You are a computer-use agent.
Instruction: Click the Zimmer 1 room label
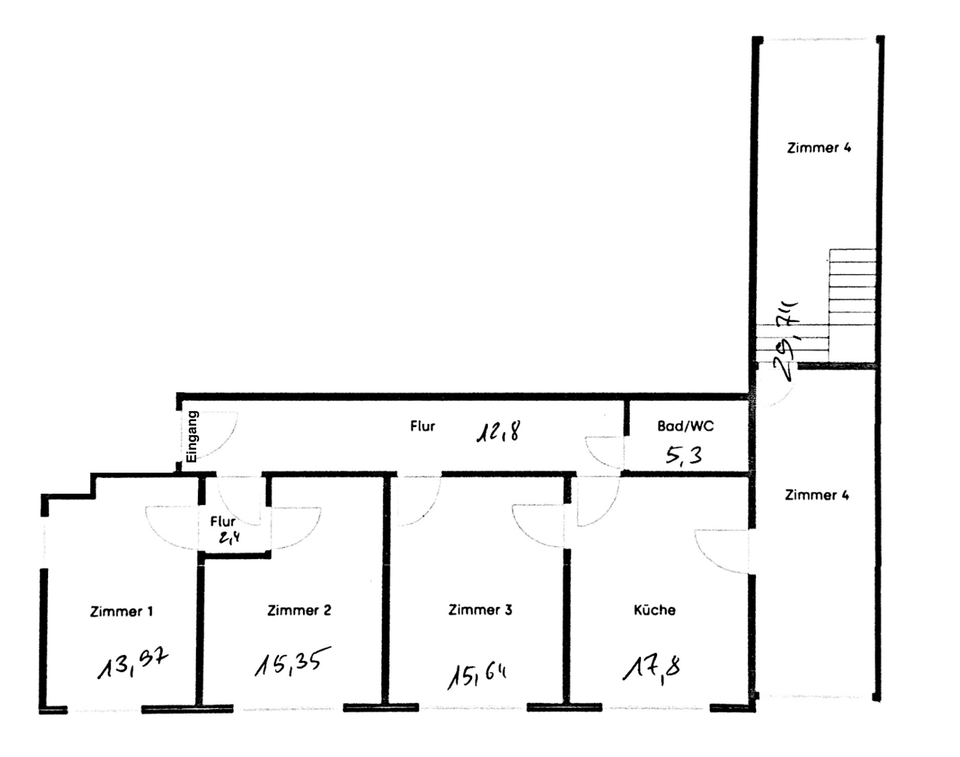[x=121, y=611]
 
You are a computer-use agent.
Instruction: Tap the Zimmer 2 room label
[x=299, y=610]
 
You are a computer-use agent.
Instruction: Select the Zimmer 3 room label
[x=480, y=610]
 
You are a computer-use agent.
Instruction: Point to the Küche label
[x=654, y=610]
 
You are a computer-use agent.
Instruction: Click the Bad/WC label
[x=685, y=426]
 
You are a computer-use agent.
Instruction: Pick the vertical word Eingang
[x=193, y=435]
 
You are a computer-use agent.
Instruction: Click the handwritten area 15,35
[x=292, y=662]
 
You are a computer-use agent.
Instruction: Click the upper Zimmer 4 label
[x=818, y=148]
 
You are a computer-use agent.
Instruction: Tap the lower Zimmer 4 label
[x=817, y=495]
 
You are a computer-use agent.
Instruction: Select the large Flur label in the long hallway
[x=422, y=426]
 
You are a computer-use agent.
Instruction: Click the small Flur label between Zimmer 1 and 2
[x=222, y=522]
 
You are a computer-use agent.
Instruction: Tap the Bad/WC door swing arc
[x=605, y=453]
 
